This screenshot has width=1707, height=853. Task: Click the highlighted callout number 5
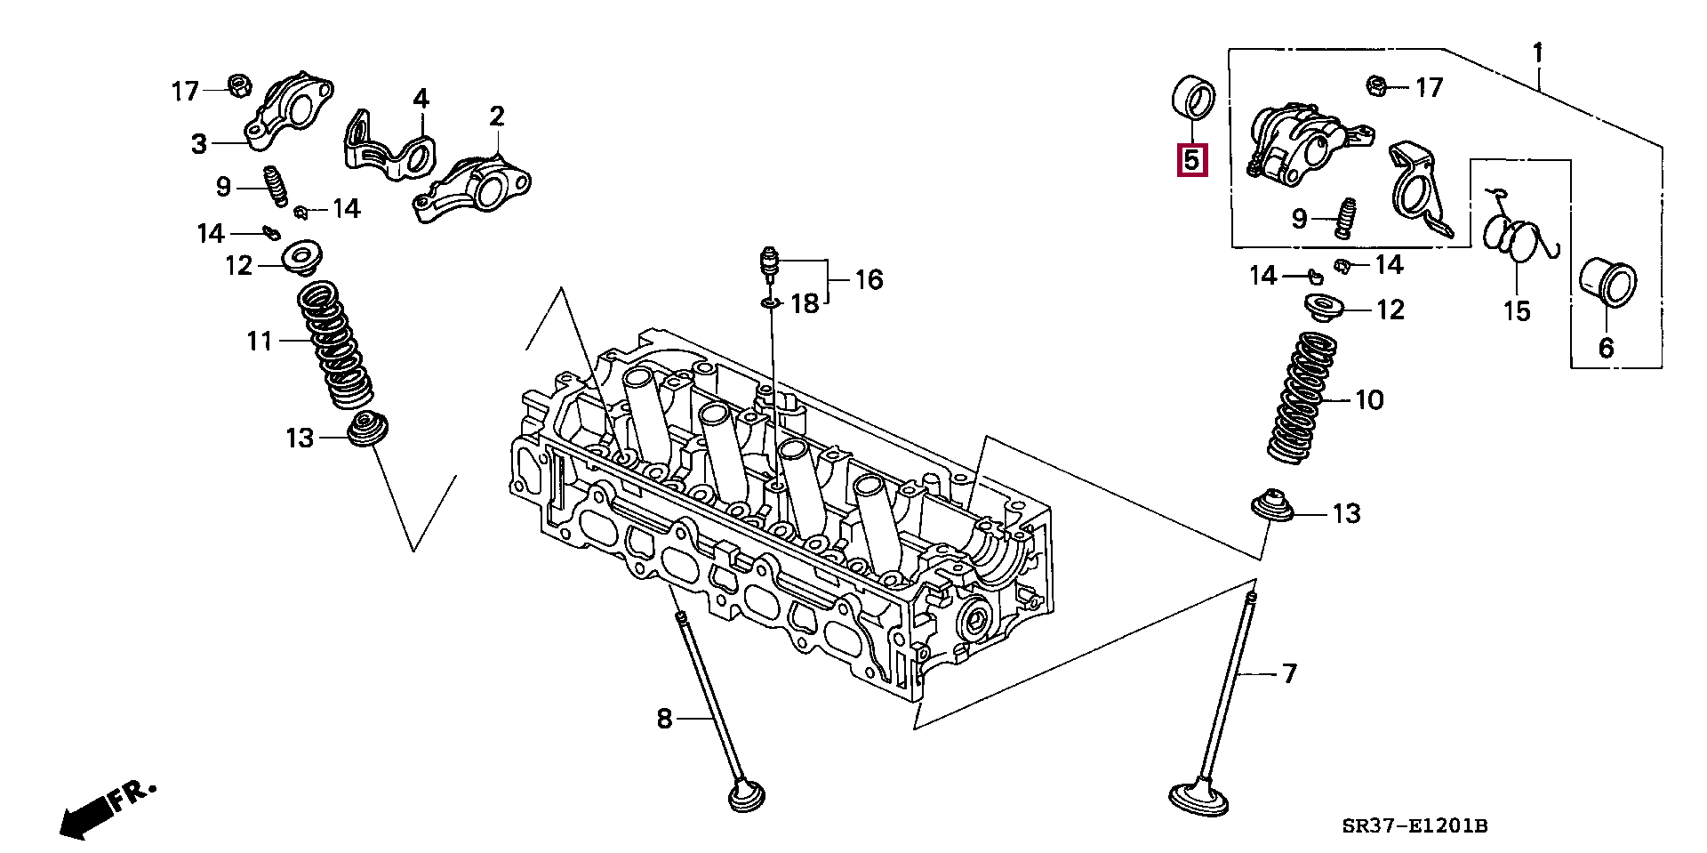pyautogui.click(x=1191, y=161)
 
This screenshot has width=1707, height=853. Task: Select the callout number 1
pyautogui.click(x=1537, y=54)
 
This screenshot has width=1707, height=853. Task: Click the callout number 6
pyautogui.click(x=1606, y=347)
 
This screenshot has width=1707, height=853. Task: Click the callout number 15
pyautogui.click(x=1517, y=311)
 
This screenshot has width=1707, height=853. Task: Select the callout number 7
pyautogui.click(x=1289, y=674)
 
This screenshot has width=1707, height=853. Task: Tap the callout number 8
pyautogui.click(x=665, y=718)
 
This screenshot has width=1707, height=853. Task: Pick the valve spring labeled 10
pyautogui.click(x=1304, y=398)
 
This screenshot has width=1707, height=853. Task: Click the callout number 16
pyautogui.click(x=869, y=280)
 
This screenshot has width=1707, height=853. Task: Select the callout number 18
pyautogui.click(x=804, y=304)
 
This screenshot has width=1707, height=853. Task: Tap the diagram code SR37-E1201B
pyautogui.click(x=1414, y=826)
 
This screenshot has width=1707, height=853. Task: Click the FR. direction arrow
pyautogui.click(x=107, y=809)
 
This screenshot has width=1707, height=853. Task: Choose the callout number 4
pyautogui.click(x=421, y=98)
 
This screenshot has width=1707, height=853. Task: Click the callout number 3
pyautogui.click(x=199, y=143)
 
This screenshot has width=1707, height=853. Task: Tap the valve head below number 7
pyautogui.click(x=1199, y=795)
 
